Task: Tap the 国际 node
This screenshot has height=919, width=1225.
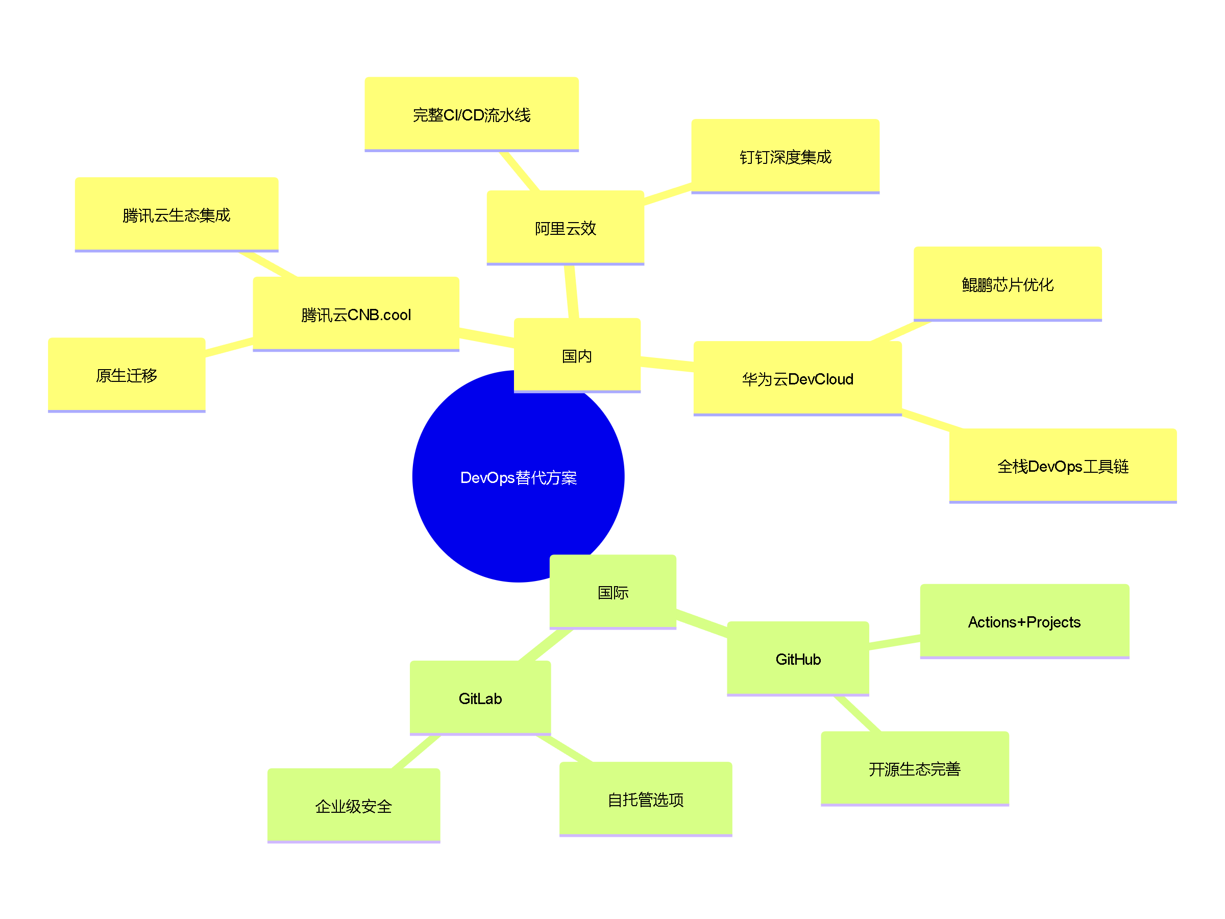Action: pyautogui.click(x=612, y=592)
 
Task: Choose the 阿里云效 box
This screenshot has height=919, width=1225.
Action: pyautogui.click(x=565, y=228)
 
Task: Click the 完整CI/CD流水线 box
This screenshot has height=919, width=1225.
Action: pyautogui.click(x=471, y=114)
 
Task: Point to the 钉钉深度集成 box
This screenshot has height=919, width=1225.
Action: pyautogui.click(x=785, y=156)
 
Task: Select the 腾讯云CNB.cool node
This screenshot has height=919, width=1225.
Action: pyautogui.click(x=356, y=314)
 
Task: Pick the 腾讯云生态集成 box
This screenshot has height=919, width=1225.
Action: pyautogui.click(x=176, y=214)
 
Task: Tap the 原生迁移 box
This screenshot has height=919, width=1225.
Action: pyautogui.click(x=126, y=375)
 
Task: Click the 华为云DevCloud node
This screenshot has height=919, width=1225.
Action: pyautogui.click(x=797, y=378)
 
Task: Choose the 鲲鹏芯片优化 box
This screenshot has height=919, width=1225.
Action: pyautogui.click(x=1007, y=284)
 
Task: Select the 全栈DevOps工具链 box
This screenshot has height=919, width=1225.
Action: pyautogui.click(x=1062, y=466)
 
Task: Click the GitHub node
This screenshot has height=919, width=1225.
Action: pyautogui.click(x=797, y=659)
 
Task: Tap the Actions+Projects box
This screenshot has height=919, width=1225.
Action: pyautogui.click(x=1024, y=621)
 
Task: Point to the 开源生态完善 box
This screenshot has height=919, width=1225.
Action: pyautogui.click(x=914, y=768)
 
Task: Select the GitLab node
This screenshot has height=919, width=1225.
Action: pyautogui.click(x=480, y=698)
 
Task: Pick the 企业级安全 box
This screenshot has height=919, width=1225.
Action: pyautogui.click(x=353, y=806)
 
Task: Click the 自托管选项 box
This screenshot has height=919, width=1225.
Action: pyautogui.click(x=645, y=799)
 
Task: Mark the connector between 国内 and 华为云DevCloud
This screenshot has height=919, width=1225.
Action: pyautogui.click(x=667, y=364)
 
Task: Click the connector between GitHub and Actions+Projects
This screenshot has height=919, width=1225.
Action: pyautogui.click(x=894, y=642)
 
